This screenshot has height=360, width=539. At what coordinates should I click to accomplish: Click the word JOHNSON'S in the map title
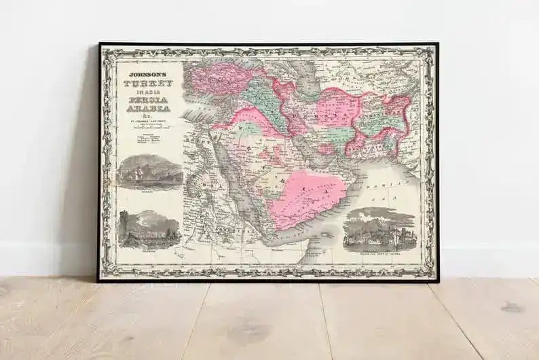tap(146, 69)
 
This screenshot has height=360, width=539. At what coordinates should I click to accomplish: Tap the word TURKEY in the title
tap(147, 83)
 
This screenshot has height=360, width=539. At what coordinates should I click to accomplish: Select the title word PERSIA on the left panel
tap(147, 99)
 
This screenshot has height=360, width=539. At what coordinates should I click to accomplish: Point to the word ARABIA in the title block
tap(147, 109)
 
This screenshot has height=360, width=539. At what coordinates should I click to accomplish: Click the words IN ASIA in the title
tap(147, 91)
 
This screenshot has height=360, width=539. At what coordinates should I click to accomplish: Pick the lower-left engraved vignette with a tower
tap(149, 229)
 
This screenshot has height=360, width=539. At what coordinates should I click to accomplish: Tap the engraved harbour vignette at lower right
tap(379, 229)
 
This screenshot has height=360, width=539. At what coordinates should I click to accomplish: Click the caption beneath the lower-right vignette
tap(379, 253)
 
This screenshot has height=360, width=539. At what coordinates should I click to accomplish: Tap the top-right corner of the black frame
tap(437, 44)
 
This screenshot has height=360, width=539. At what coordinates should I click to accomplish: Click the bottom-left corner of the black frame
tap(98, 281)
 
